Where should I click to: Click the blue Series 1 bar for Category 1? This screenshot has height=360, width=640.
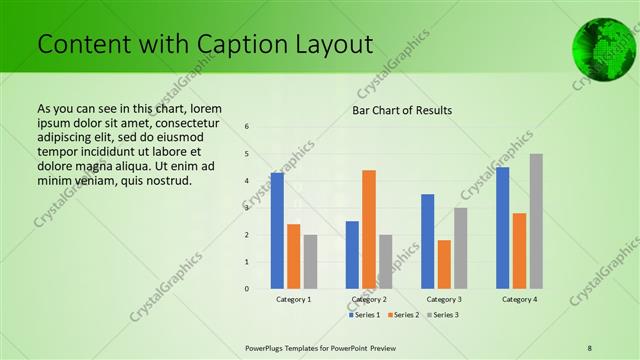tap(277, 231)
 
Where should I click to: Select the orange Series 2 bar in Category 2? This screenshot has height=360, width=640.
tap(369, 229)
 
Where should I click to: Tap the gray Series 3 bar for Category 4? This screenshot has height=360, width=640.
tap(536, 221)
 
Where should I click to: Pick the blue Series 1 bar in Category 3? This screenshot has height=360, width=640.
tap(427, 241)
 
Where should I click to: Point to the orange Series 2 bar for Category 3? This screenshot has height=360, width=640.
tap(444, 264)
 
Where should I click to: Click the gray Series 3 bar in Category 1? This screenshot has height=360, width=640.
tap(310, 262)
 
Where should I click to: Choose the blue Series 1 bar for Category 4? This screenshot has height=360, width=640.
tap(502, 228)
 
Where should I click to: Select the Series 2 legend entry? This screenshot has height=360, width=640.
tap(403, 315)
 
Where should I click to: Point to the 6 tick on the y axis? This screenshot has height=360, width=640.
tap(247, 127)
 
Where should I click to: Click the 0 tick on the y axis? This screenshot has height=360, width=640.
tap(247, 289)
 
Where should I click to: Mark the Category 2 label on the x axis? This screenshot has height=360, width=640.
tap(369, 299)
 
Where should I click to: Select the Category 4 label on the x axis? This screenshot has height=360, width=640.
tap(519, 299)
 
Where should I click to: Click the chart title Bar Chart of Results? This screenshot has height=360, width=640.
tap(403, 110)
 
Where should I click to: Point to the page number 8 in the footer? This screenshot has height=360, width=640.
tap(590, 346)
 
